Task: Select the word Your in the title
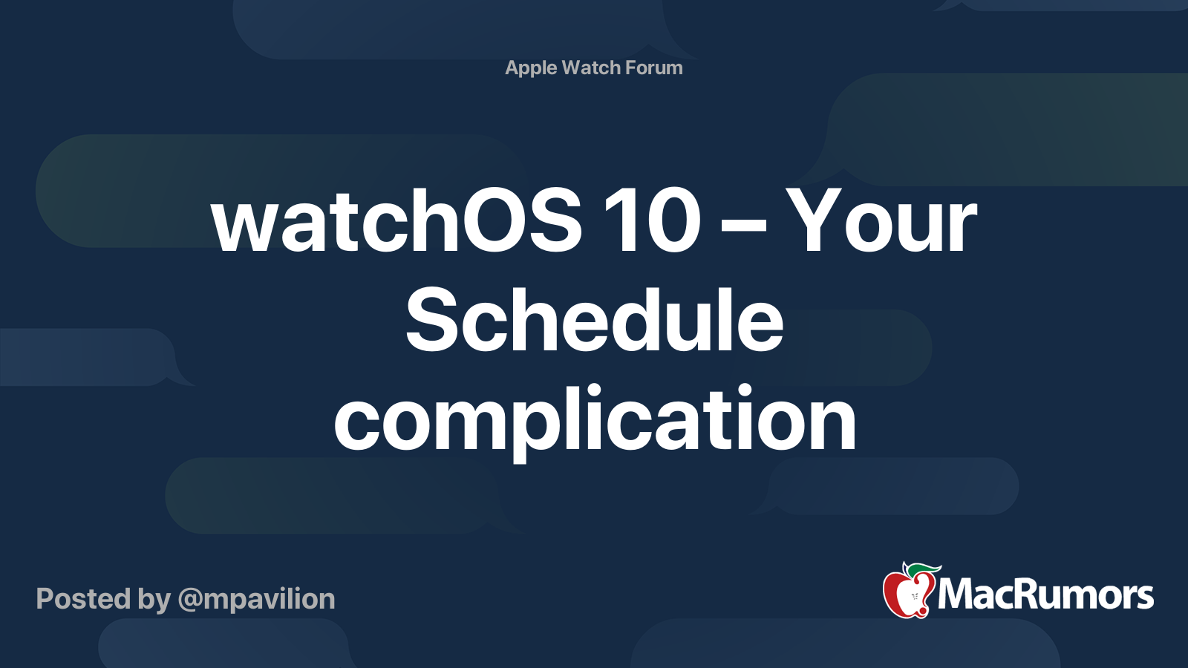pos(881,220)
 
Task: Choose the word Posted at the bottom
pos(84,598)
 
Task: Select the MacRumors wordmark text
pos(1045,595)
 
